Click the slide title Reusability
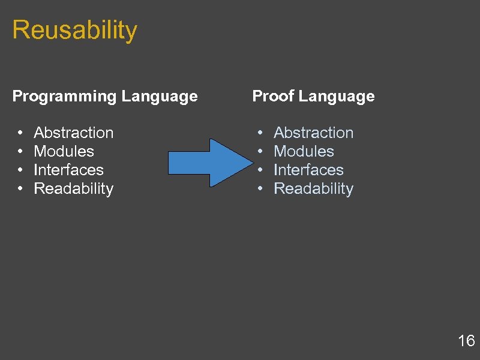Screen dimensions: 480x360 coord(74,30)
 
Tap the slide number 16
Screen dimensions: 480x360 coord(466,341)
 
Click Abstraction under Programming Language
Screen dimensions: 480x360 coord(74,133)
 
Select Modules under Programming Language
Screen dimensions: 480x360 coord(64,151)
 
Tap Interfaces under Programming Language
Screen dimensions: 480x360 coord(69,170)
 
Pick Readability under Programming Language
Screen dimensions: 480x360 coord(74,188)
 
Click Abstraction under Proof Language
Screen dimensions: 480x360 coord(314,133)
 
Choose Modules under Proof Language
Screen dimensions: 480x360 coord(304,151)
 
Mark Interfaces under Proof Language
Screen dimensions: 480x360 coord(309,170)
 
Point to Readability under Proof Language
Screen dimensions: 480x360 coord(314,188)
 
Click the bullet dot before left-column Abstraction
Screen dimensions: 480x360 coord(20,133)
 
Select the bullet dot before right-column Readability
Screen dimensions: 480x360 coord(260,189)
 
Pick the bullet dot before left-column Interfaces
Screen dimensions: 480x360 coord(20,170)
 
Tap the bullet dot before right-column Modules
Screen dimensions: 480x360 coord(260,152)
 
